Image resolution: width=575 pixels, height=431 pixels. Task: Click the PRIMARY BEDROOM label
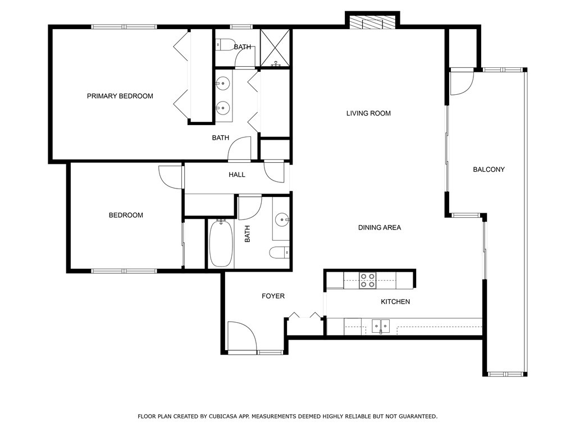(120, 96)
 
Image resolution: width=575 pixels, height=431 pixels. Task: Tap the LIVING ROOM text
(368, 113)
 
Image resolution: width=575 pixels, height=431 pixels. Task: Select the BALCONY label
(489, 169)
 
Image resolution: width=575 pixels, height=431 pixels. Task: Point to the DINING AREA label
(380, 228)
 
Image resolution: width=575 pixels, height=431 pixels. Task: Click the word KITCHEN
(395, 301)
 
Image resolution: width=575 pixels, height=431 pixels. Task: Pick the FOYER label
(273, 296)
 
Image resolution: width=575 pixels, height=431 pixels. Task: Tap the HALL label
(237, 175)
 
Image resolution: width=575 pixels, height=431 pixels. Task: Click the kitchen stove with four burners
(367, 281)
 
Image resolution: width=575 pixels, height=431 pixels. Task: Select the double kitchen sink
(381, 326)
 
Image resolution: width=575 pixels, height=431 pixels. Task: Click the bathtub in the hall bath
(221, 244)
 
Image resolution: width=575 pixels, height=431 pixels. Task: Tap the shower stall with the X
(275, 48)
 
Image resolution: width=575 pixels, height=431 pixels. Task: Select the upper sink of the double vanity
(222, 84)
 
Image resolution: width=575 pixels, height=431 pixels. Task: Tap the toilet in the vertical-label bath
(280, 253)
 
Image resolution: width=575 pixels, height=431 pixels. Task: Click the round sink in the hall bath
(282, 220)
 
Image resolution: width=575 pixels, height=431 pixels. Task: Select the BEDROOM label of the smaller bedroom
(126, 215)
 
